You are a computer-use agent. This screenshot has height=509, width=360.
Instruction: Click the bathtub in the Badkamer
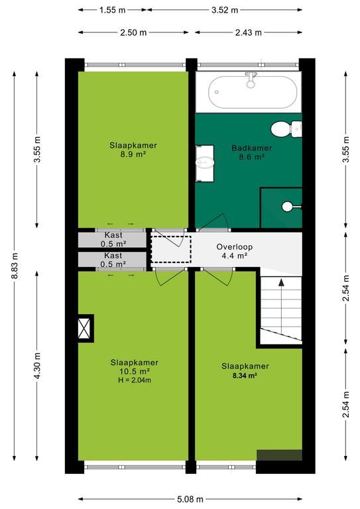(x=253, y=92)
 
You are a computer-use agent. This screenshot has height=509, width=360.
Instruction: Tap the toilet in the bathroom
(x=286, y=129)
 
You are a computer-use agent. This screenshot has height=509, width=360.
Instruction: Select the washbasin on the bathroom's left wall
(x=205, y=163)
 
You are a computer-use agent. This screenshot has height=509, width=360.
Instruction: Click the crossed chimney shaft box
(x=85, y=328)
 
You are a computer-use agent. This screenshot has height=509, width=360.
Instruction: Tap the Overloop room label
(x=235, y=247)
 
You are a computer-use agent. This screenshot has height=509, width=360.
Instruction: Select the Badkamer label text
(x=251, y=148)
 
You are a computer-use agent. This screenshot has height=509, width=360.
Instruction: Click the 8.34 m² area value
(x=245, y=376)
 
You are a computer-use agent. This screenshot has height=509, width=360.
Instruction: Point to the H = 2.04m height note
(x=135, y=380)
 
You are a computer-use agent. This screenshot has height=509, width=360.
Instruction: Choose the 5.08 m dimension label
(x=190, y=498)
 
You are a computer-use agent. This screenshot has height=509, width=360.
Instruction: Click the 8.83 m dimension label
(x=15, y=265)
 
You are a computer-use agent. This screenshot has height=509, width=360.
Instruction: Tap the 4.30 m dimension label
(x=37, y=366)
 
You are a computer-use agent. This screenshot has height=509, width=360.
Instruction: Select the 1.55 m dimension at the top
(x=112, y=10)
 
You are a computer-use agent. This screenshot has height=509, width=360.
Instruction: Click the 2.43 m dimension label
(x=249, y=32)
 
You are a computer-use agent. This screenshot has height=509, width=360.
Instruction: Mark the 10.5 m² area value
(x=135, y=371)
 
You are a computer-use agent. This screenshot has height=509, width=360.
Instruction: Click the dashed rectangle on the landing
(x=171, y=249)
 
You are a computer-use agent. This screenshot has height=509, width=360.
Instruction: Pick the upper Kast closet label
(x=113, y=235)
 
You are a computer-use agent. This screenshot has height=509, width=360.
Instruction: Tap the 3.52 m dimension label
(x=225, y=10)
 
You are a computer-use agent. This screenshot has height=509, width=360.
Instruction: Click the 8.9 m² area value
(x=133, y=154)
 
